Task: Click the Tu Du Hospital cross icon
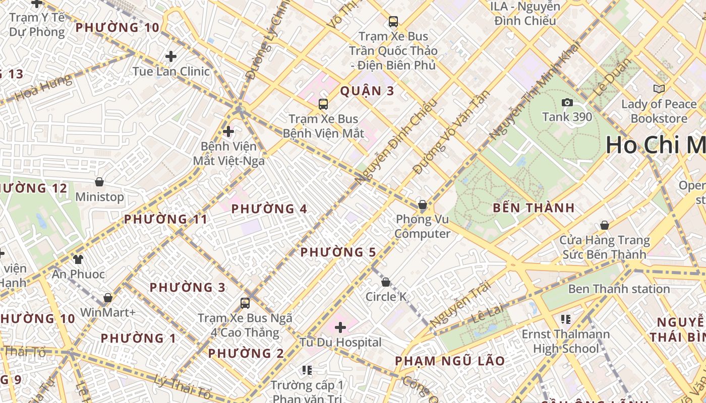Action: click(340, 327)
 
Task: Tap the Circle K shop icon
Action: click(386, 282)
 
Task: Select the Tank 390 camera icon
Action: click(567, 103)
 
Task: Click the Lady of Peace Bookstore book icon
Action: click(659, 89)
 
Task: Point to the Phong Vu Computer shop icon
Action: click(423, 205)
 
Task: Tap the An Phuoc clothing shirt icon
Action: click(78, 259)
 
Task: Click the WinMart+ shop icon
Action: click(107, 298)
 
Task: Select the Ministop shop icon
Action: click(99, 182)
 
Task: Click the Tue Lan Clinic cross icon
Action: click(171, 56)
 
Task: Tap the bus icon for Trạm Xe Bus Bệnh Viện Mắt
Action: click(323, 104)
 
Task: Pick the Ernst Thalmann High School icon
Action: click(565, 319)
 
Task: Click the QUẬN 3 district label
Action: click(367, 91)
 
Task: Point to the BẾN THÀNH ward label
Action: click(534, 208)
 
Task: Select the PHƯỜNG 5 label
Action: click(338, 252)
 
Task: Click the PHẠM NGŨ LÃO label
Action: click(449, 361)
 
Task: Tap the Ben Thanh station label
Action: click(619, 289)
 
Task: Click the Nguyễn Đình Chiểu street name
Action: click(394, 142)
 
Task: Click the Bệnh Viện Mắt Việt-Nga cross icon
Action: click(228, 132)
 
